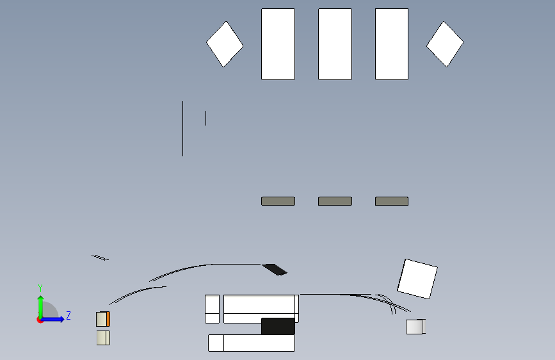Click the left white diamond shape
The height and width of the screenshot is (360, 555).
(225, 44)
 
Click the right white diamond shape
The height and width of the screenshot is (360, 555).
(445, 44)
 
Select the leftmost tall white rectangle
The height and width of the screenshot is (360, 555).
(278, 44)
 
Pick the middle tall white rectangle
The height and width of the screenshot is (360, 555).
(335, 44)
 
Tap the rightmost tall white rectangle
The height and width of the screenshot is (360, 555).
(392, 44)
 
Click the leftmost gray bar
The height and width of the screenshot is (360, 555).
(278, 201)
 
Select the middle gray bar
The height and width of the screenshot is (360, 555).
(335, 201)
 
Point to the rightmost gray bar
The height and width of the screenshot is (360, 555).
(392, 201)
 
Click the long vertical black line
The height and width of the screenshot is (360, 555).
(182, 129)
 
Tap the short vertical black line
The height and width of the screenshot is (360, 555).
(205, 118)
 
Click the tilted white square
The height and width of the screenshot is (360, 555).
(417, 279)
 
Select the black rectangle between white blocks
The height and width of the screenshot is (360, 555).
(278, 326)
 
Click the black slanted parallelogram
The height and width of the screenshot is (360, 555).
(275, 269)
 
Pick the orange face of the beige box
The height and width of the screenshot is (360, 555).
(108, 319)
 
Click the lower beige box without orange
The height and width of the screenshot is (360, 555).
(103, 338)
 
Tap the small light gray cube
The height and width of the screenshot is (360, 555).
(415, 327)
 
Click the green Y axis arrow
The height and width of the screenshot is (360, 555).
(41, 307)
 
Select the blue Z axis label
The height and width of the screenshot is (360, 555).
(68, 315)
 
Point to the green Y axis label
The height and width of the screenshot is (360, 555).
(40, 288)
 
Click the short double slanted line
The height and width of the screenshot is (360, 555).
(100, 258)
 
